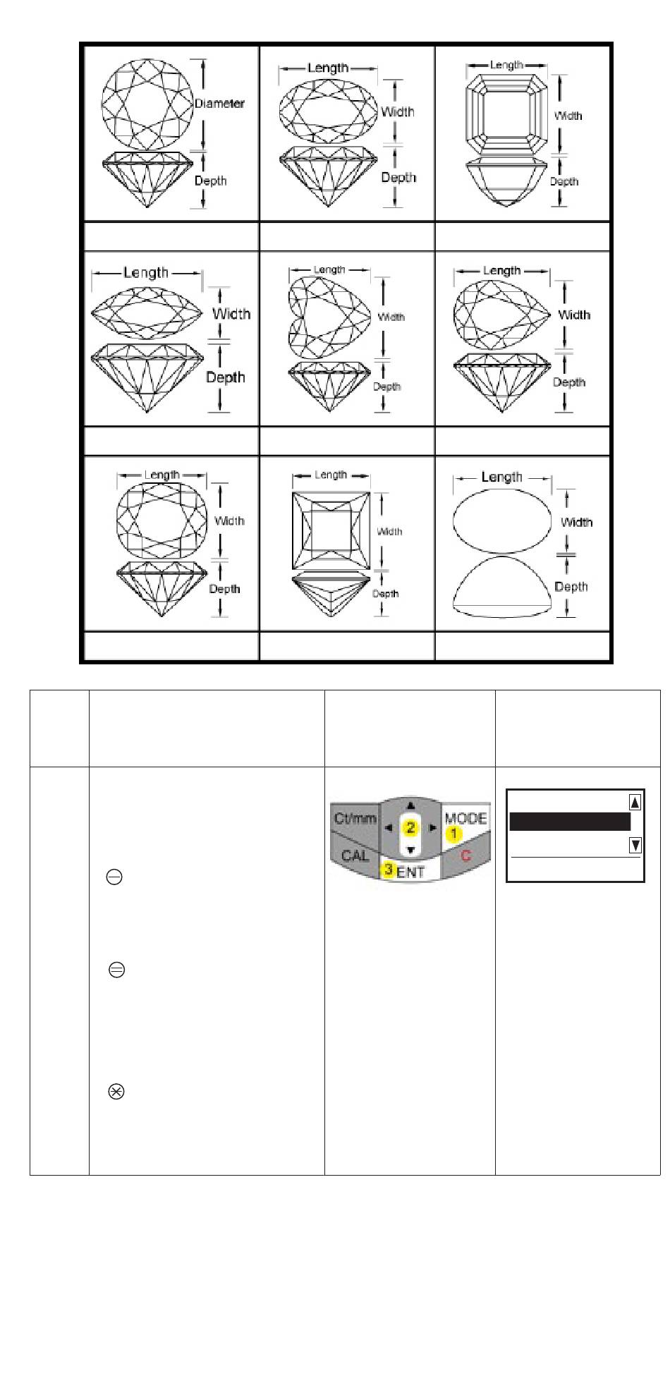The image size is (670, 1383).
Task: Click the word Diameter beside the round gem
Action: pos(219,104)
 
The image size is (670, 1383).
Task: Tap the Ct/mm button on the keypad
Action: pos(354,822)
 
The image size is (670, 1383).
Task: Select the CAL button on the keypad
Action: pos(354,856)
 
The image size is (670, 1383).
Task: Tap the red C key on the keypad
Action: pos(465,857)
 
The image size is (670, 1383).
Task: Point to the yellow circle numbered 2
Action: pos(410,827)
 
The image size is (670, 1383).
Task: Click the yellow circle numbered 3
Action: pos(388,870)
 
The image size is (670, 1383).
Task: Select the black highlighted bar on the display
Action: pos(569,822)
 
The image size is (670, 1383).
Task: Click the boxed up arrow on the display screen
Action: pos(635,802)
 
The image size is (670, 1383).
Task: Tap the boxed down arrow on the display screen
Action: pos(635,844)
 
